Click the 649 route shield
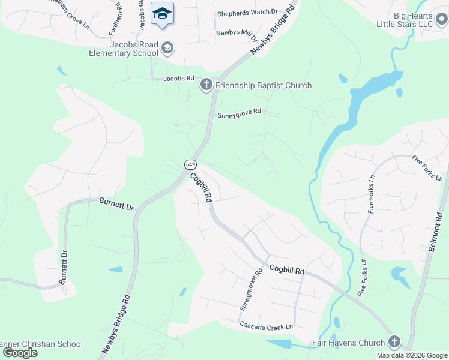point(190,164)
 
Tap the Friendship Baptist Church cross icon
point(206,85)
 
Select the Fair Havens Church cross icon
point(394,343)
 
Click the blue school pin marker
point(162,14)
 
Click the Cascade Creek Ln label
point(266,326)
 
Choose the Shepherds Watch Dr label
point(247,11)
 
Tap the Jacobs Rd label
point(179,78)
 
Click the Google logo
point(20,353)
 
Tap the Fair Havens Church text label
point(348,343)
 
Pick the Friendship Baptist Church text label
point(264,85)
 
